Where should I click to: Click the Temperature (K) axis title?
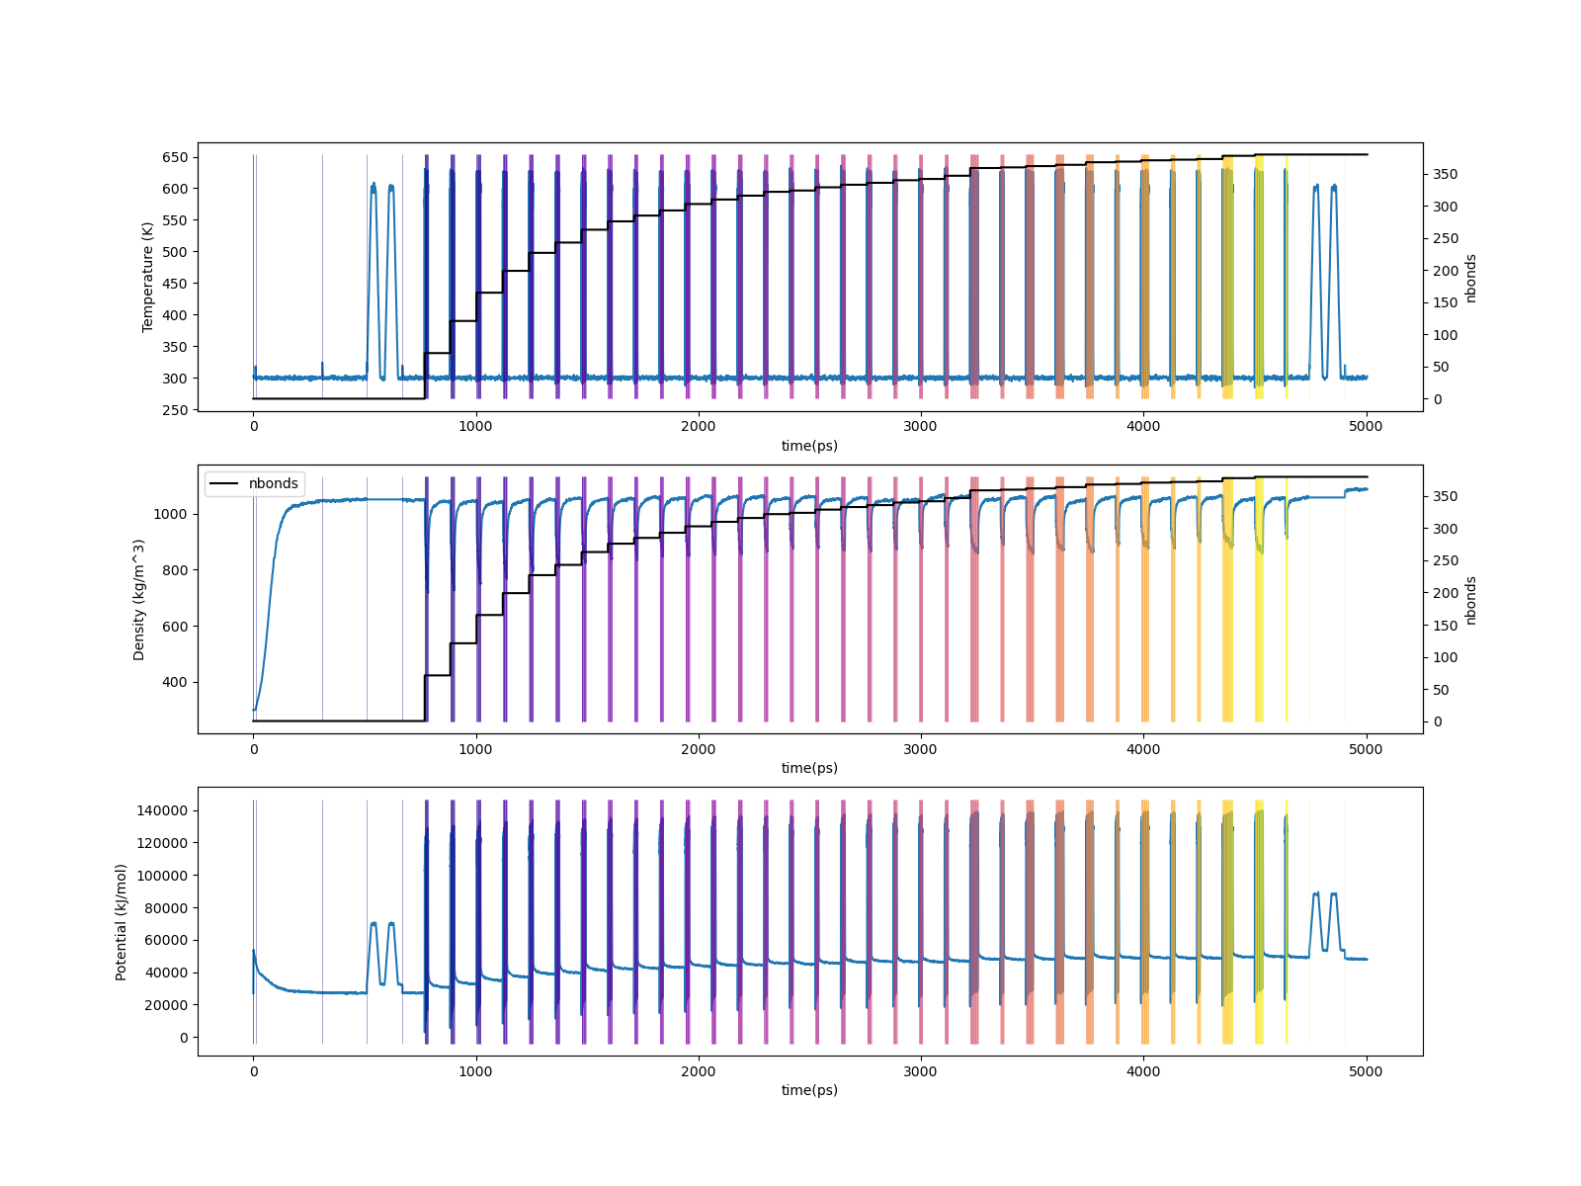pos(148,276)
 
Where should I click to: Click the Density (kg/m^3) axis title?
pos(139,599)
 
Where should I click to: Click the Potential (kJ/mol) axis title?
pos(122,921)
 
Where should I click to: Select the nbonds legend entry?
pos(273,483)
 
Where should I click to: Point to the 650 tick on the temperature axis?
pos(174,157)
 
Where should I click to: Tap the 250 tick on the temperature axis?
pos(174,410)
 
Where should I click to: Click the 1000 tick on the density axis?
pos(170,514)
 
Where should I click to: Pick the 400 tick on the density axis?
pos(174,682)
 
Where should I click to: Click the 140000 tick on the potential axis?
pos(162,810)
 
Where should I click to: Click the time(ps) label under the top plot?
pos(809,446)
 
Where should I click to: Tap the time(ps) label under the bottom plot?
pos(809,1090)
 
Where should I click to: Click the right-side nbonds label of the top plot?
pos(1471,278)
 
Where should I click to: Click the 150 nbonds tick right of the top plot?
pos(1445,302)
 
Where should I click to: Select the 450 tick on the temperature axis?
pos(174,284)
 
